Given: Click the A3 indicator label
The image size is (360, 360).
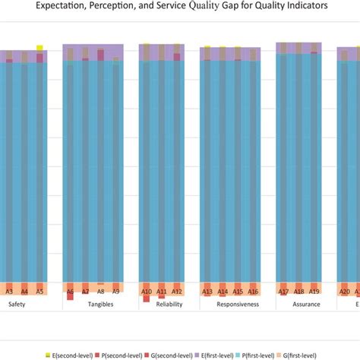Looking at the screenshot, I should pos(9,291).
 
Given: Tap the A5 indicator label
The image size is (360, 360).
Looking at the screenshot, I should pos(40,291).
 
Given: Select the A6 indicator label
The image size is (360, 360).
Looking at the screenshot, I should pos(70,291).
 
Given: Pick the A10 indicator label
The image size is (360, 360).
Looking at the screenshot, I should pos(147,291).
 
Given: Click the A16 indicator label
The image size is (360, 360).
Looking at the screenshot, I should pos(253,291).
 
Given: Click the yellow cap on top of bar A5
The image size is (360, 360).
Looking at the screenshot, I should pos(39,48).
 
